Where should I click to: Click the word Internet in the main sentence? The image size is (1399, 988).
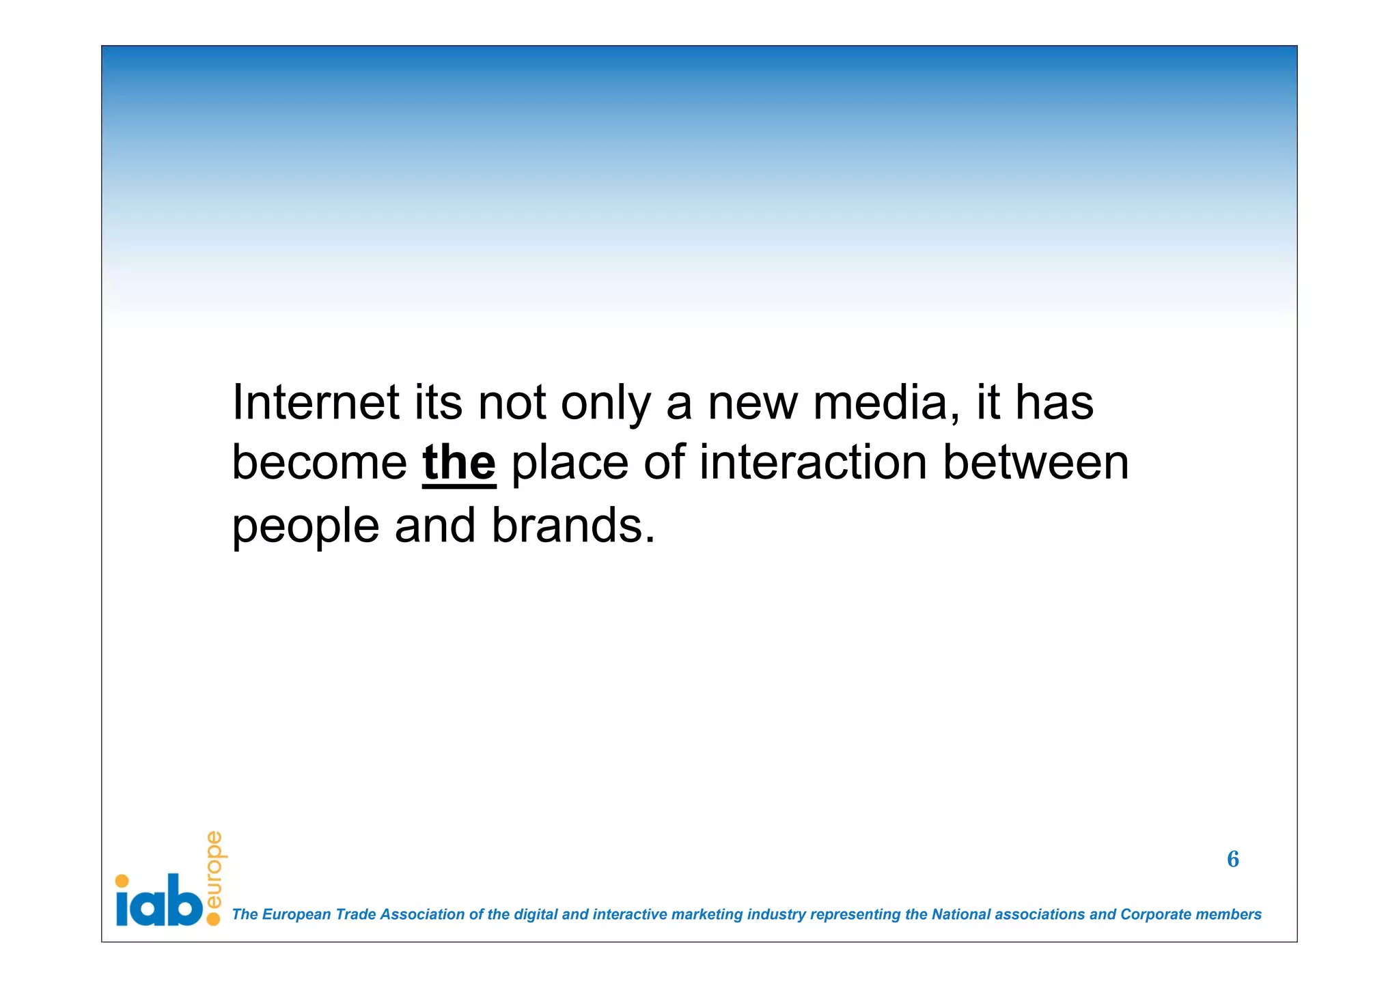pos(316,402)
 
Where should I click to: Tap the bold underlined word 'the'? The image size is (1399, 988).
pos(458,463)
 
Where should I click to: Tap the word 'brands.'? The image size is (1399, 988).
pos(573,526)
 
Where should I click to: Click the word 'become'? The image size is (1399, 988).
pos(320,463)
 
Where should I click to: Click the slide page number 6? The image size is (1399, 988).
pos(1232,859)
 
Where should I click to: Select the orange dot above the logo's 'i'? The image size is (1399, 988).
pos(122,881)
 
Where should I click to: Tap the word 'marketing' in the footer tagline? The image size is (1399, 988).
pos(706,915)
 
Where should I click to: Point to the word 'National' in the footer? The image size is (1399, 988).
pos(960,914)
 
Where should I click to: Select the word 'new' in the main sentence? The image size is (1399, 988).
pos(752,404)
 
